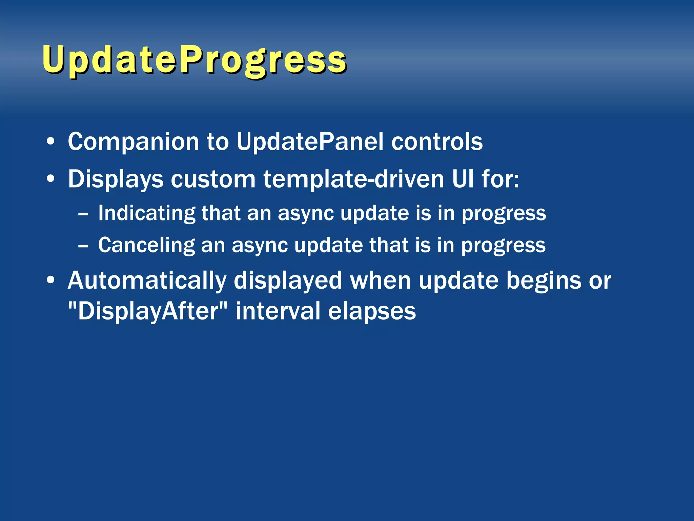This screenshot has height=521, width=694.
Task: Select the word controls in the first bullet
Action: [437, 142]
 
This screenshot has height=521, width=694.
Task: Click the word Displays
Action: [116, 179]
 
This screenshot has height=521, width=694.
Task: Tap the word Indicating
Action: [147, 214]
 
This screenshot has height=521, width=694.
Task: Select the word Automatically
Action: [147, 281]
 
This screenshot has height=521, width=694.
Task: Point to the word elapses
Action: [372, 311]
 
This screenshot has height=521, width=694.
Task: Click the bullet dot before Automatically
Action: [50, 281]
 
